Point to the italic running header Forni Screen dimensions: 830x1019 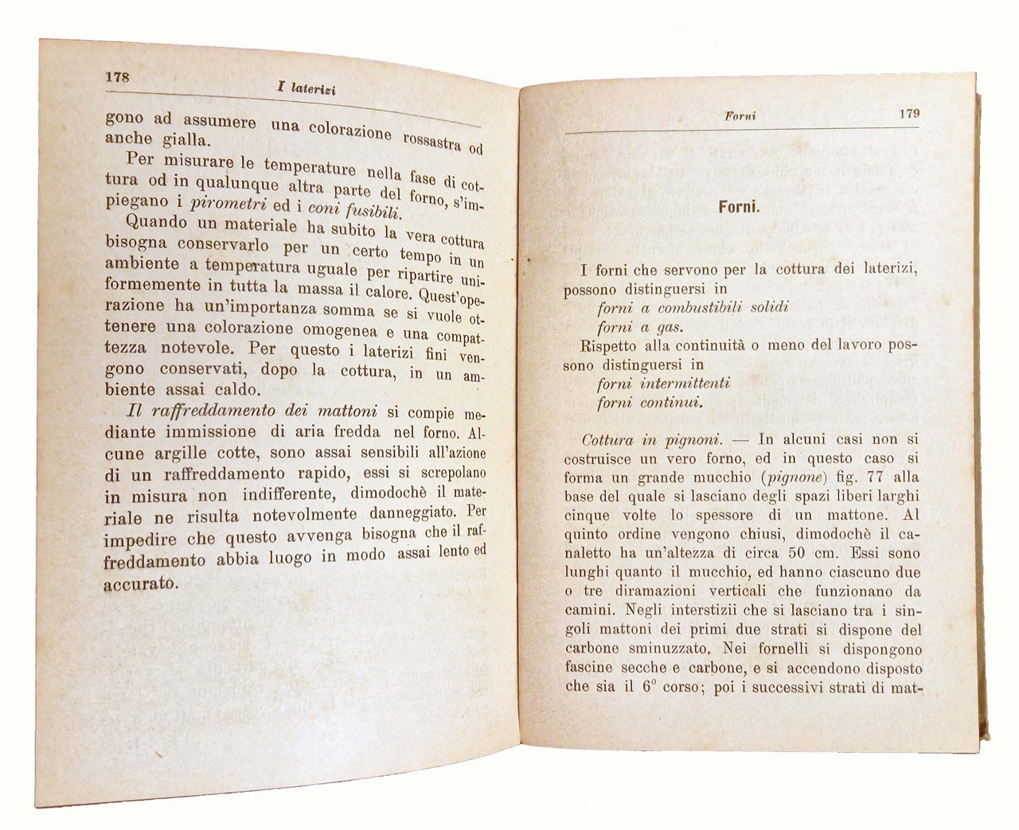click(740, 115)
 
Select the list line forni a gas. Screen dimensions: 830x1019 click(639, 327)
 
